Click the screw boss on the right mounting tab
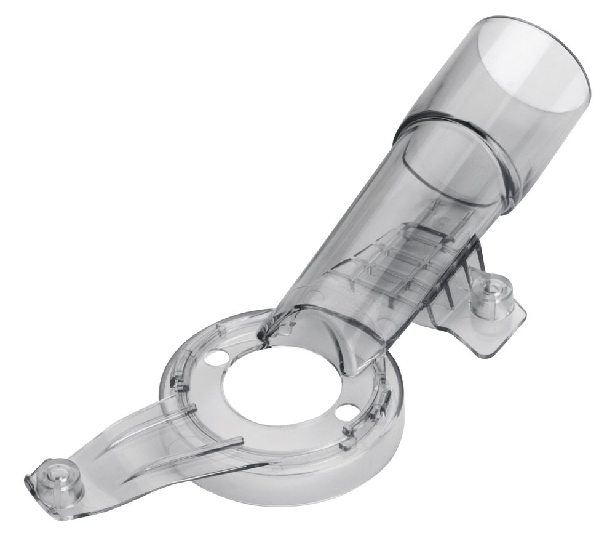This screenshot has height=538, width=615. [491, 289]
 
